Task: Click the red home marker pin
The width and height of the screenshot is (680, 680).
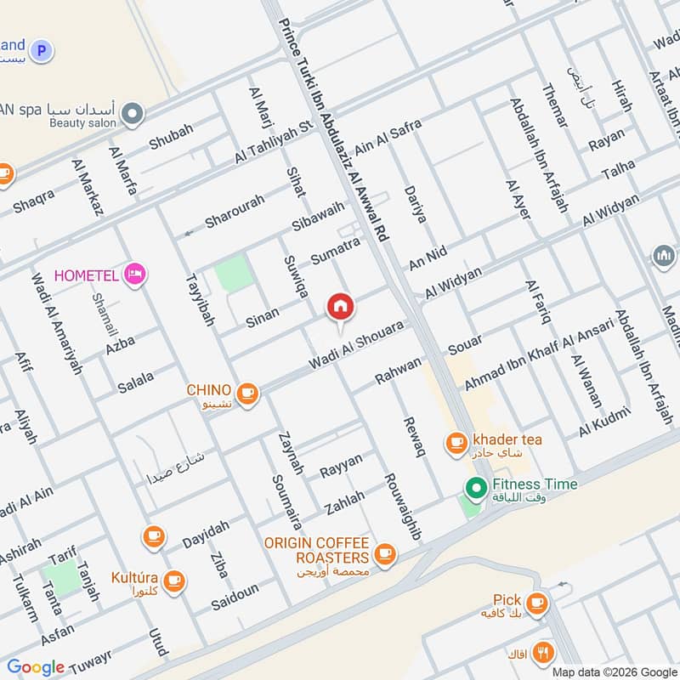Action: pyautogui.click(x=340, y=307)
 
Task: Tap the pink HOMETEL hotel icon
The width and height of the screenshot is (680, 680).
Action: pyautogui.click(x=134, y=274)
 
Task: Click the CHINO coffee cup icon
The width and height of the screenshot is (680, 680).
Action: pyautogui.click(x=247, y=392)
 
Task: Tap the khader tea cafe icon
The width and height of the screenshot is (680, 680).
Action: pyautogui.click(x=456, y=441)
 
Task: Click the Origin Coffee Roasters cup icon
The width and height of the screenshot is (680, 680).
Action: pyautogui.click(x=385, y=553)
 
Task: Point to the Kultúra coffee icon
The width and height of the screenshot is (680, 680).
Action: pyautogui.click(x=174, y=581)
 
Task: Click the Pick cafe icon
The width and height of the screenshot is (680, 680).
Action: pyautogui.click(x=535, y=603)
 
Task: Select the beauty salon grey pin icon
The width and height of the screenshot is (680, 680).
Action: pyautogui.click(x=132, y=113)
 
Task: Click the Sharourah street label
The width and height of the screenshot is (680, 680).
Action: pyautogui.click(x=235, y=211)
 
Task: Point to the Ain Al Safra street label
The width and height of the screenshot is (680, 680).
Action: pyautogui.click(x=388, y=136)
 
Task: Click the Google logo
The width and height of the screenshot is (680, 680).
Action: pyautogui.click(x=36, y=667)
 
